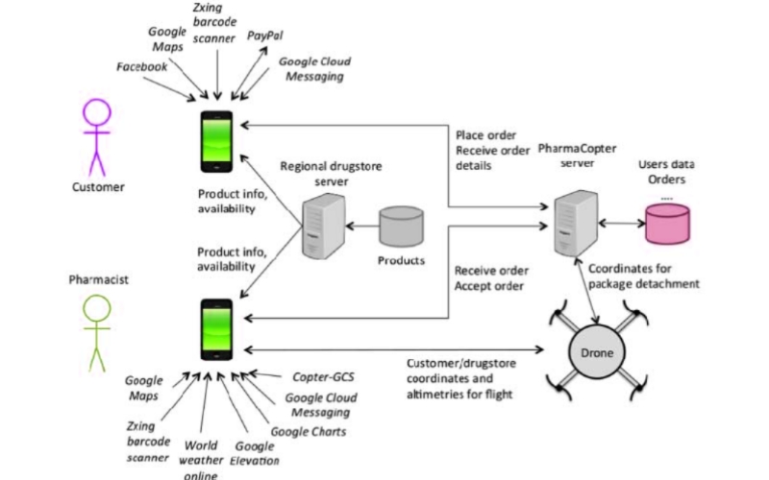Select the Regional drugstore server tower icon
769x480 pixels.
pyautogui.click(x=318, y=227)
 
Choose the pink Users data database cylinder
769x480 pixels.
pyautogui.click(x=666, y=222)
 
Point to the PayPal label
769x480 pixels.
pyautogui.click(x=264, y=35)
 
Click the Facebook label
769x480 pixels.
pyautogui.click(x=141, y=66)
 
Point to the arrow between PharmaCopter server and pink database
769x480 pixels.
pyautogui.click(x=614, y=222)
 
